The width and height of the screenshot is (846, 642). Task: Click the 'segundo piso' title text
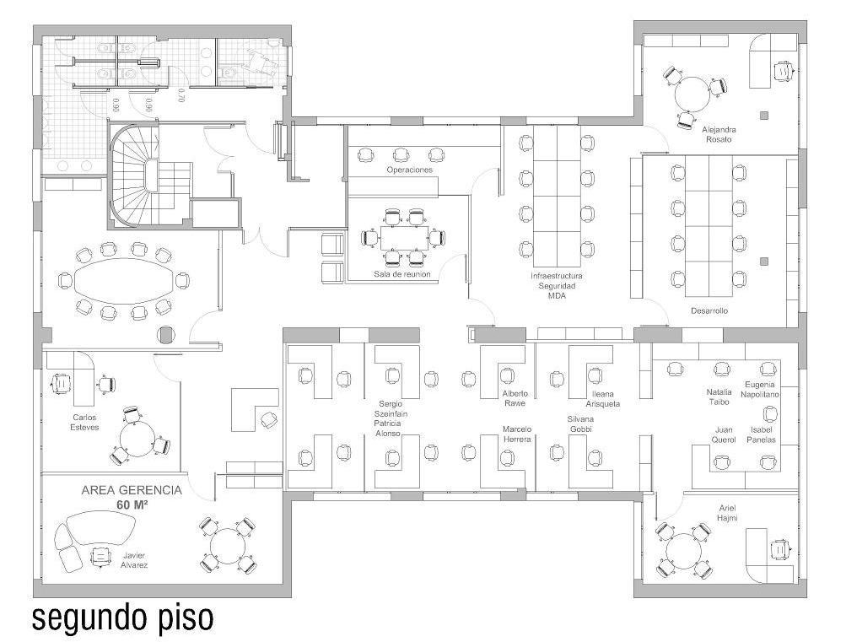pyautogui.click(x=123, y=618)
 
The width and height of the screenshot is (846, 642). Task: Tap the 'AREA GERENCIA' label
pyautogui.click(x=132, y=490)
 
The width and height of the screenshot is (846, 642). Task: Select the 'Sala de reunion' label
pyautogui.click(x=402, y=275)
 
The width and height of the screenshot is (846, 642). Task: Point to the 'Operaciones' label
pyautogui.click(x=410, y=170)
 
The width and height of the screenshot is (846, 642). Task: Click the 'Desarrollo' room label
pyautogui.click(x=709, y=310)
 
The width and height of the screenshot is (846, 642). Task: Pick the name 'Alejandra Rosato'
pyautogui.click(x=719, y=134)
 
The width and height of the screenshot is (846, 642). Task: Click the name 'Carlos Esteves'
pyautogui.click(x=84, y=423)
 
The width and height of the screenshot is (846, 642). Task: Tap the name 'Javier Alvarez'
pyautogui.click(x=134, y=560)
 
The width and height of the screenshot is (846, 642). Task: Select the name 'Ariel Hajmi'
pyautogui.click(x=727, y=513)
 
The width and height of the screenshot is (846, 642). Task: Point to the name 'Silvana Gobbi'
pyautogui.click(x=580, y=424)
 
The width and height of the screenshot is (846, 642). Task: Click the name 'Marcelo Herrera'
pyautogui.click(x=517, y=434)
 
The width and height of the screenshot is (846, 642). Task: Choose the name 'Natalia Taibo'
pyautogui.click(x=719, y=397)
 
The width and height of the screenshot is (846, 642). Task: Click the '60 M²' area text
pyautogui.click(x=132, y=505)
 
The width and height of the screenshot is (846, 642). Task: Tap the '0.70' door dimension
pyautogui.click(x=182, y=95)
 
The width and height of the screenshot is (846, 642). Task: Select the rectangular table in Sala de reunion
pyautogui.click(x=404, y=238)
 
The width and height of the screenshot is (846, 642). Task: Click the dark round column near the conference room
pyautogui.click(x=167, y=335)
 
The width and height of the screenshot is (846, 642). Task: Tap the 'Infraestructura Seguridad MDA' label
pyautogui.click(x=556, y=286)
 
